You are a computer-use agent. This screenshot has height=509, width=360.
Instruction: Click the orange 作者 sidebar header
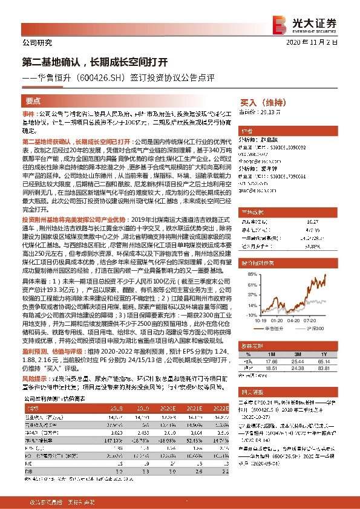pyautogui.click(x=246, y=131)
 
